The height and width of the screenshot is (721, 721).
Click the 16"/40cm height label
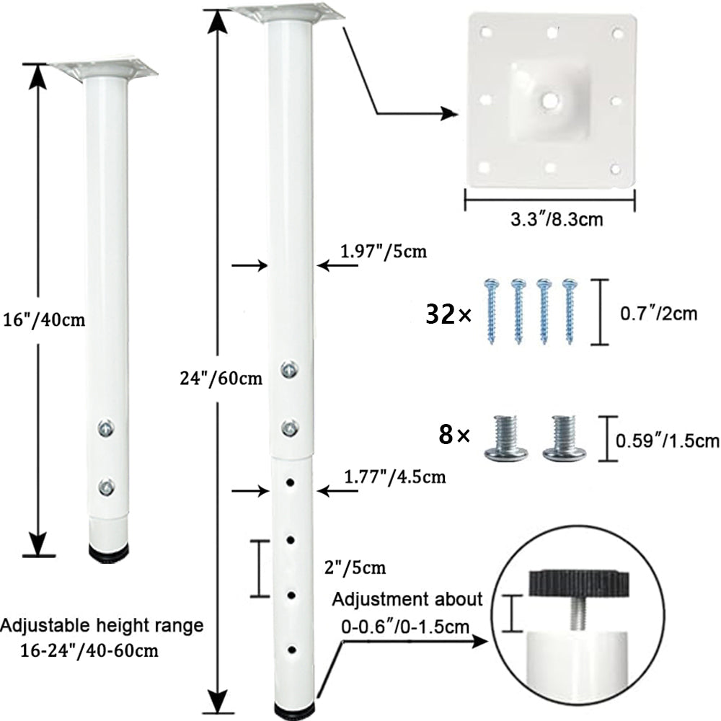[x=44, y=319]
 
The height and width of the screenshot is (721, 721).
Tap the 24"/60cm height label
[x=221, y=379]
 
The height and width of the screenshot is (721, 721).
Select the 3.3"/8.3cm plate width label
[x=557, y=219]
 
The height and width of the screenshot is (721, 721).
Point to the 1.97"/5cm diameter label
[x=384, y=251]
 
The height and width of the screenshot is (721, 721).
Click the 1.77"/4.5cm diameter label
[x=395, y=477]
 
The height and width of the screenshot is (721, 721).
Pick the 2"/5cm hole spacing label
[x=355, y=568]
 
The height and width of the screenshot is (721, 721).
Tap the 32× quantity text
[x=448, y=314]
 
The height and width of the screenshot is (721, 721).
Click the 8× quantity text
[x=454, y=435]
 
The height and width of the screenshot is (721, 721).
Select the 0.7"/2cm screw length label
[x=658, y=314]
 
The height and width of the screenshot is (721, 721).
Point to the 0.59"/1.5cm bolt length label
[x=667, y=441]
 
